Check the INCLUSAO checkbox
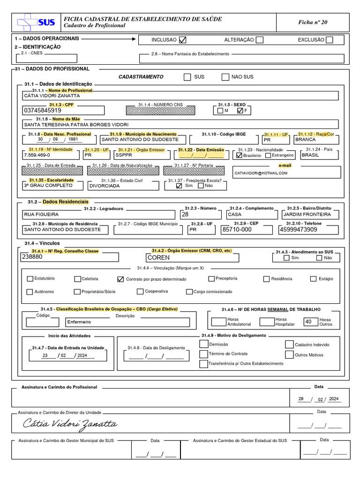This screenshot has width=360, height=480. pyautogui.click(x=183, y=40)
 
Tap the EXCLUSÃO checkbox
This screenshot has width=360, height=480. pyautogui.click(x=329, y=40)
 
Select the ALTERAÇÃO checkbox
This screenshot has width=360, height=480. pyautogui.click(x=259, y=40)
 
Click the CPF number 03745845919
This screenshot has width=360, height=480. pyautogui.click(x=42, y=110)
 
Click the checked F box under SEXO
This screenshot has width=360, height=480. pyautogui.click(x=240, y=111)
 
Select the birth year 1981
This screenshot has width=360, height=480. pyautogui.click(x=73, y=139)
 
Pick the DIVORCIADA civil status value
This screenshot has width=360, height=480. pyautogui.click(x=105, y=186)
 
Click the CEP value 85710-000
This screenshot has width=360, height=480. pyautogui.click(x=237, y=230)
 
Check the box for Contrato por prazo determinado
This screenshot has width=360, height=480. pyautogui.click(x=120, y=279)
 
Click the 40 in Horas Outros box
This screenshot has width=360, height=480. pyautogui.click(x=308, y=322)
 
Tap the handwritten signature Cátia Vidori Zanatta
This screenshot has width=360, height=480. pyautogui.click(x=70, y=424)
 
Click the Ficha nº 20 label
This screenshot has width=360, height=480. pyautogui.click(x=313, y=22)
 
